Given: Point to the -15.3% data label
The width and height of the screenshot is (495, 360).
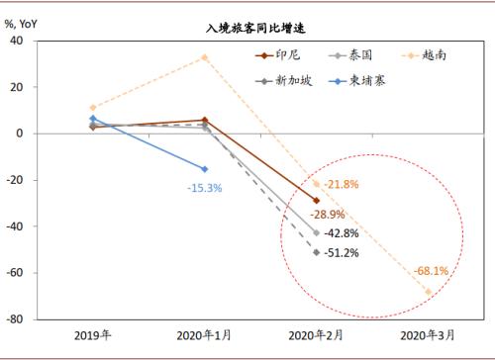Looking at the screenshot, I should pos(203,186).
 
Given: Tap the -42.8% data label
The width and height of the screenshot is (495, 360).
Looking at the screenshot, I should pos(344,232).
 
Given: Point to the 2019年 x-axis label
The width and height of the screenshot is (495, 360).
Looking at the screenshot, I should pos(92,335).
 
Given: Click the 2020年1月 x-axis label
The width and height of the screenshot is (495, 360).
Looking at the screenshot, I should pos(204,335).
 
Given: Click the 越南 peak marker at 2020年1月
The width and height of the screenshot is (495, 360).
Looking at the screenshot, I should pos(204,57).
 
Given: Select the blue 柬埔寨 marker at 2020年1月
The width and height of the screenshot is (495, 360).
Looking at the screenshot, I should pos(204,169).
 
